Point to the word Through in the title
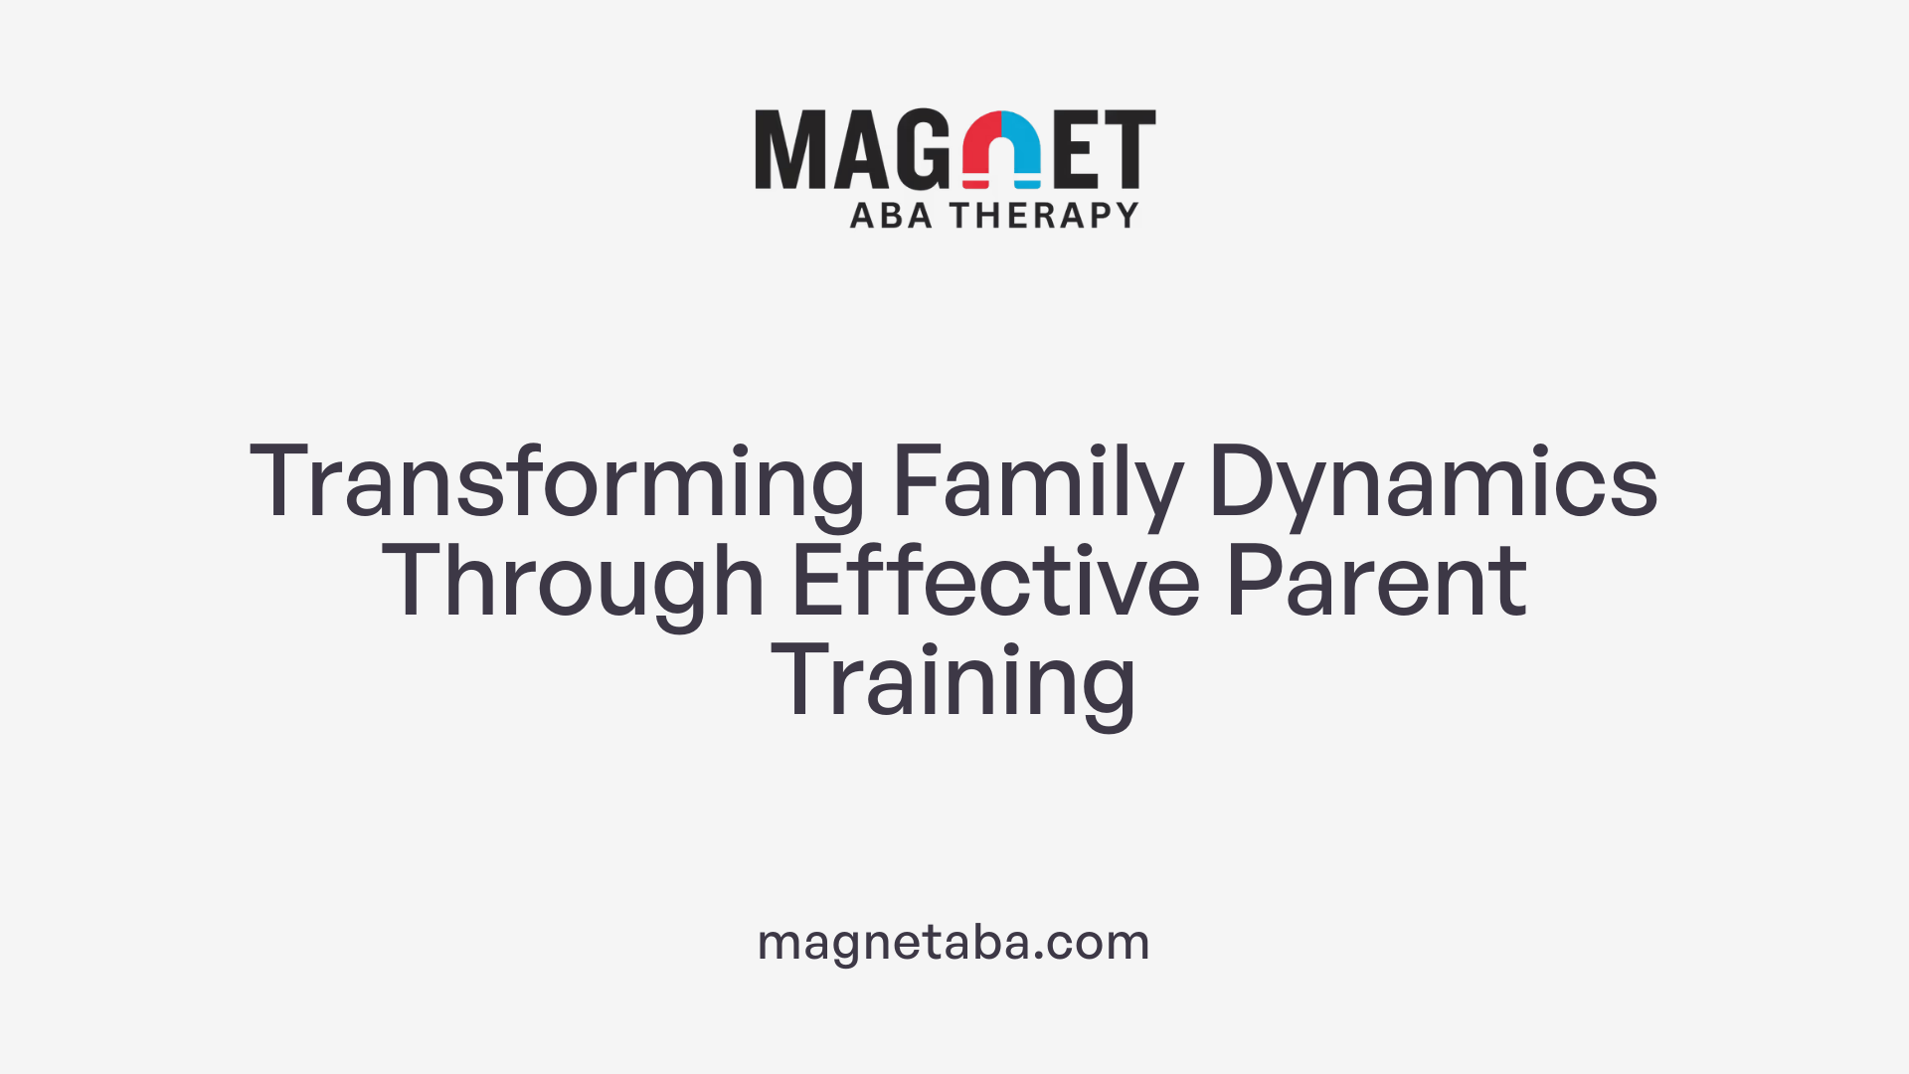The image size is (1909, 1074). [x=573, y=583]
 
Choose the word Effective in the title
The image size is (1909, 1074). [x=995, y=583]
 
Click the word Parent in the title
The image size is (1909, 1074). [x=1376, y=583]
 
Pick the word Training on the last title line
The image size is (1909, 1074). [x=954, y=682]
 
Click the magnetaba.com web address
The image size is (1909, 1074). [x=954, y=942]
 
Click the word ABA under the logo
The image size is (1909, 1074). [x=891, y=215]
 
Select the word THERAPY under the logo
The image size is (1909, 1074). [x=1044, y=215]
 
